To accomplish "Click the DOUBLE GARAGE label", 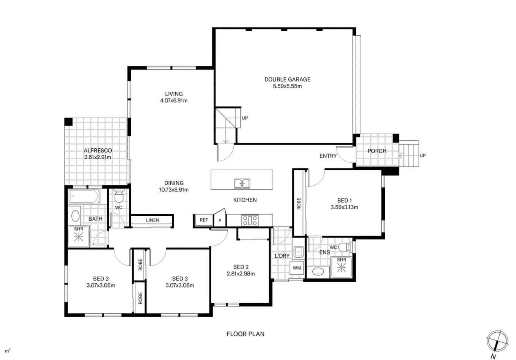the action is point(287,79).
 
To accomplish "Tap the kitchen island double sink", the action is point(242,184).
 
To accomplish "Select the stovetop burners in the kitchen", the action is point(250,220).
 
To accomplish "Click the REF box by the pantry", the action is point(204,220).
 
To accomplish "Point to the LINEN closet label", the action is point(153,220).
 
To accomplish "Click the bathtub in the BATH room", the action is point(84,197).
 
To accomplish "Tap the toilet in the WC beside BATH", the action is point(119,195).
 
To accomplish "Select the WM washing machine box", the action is point(297,268).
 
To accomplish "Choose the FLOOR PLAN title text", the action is point(245,334).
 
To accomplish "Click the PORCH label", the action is point(377,151).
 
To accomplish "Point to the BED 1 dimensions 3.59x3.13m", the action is point(344,207).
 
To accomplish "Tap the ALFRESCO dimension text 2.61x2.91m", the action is point(98,157).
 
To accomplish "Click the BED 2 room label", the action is point(241,267).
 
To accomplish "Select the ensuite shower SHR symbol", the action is point(341,268).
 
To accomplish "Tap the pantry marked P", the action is point(220,219).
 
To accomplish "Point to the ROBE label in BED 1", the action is point(299,204).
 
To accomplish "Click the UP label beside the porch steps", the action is point(423,156).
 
